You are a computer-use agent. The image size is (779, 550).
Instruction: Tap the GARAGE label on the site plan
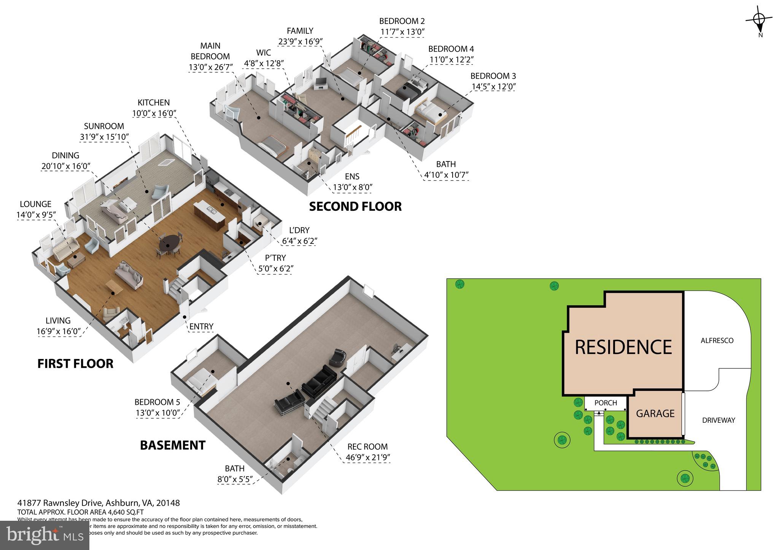pyautogui.click(x=655, y=413)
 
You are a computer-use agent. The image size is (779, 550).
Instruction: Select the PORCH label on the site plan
pyautogui.click(x=606, y=403)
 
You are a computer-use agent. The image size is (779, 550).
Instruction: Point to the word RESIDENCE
pyautogui.click(x=623, y=347)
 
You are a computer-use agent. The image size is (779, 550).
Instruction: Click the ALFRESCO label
pyautogui.click(x=717, y=341)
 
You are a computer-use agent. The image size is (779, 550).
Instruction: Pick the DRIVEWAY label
pyautogui.click(x=719, y=420)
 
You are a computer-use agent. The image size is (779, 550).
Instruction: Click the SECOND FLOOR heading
pyautogui.click(x=355, y=207)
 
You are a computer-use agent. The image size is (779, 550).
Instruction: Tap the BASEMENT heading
pyautogui.click(x=173, y=445)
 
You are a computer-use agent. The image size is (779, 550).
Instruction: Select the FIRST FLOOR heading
pyautogui.click(x=75, y=364)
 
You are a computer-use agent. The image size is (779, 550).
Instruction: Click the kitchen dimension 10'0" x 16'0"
pyautogui.click(x=154, y=113)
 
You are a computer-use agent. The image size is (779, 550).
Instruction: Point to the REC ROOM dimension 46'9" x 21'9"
pyautogui.click(x=368, y=457)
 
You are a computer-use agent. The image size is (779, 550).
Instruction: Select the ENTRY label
pyautogui.click(x=201, y=326)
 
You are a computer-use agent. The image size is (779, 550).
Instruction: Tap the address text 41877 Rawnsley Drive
pyautogui.click(x=61, y=503)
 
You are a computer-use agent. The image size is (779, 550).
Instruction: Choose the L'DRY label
pyautogui.click(x=299, y=230)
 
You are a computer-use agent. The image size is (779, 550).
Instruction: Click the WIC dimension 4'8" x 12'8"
pyautogui.click(x=264, y=63)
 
